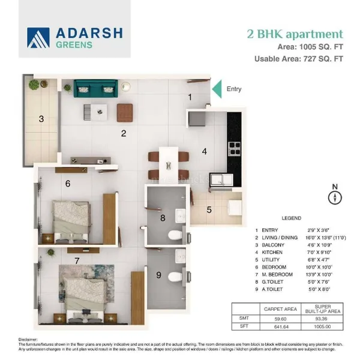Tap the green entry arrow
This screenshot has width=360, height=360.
[218, 88]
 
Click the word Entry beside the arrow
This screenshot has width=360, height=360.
[234, 89]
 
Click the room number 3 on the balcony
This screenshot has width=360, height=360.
[41, 119]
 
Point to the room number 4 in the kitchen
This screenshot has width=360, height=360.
[204, 151]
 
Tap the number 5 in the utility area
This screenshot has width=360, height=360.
[209, 209]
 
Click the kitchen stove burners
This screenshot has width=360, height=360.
[234, 146]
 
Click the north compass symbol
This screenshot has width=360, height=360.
[335, 197]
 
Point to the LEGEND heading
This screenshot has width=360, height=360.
[292, 218]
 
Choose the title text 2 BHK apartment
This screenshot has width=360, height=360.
[295, 34]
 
